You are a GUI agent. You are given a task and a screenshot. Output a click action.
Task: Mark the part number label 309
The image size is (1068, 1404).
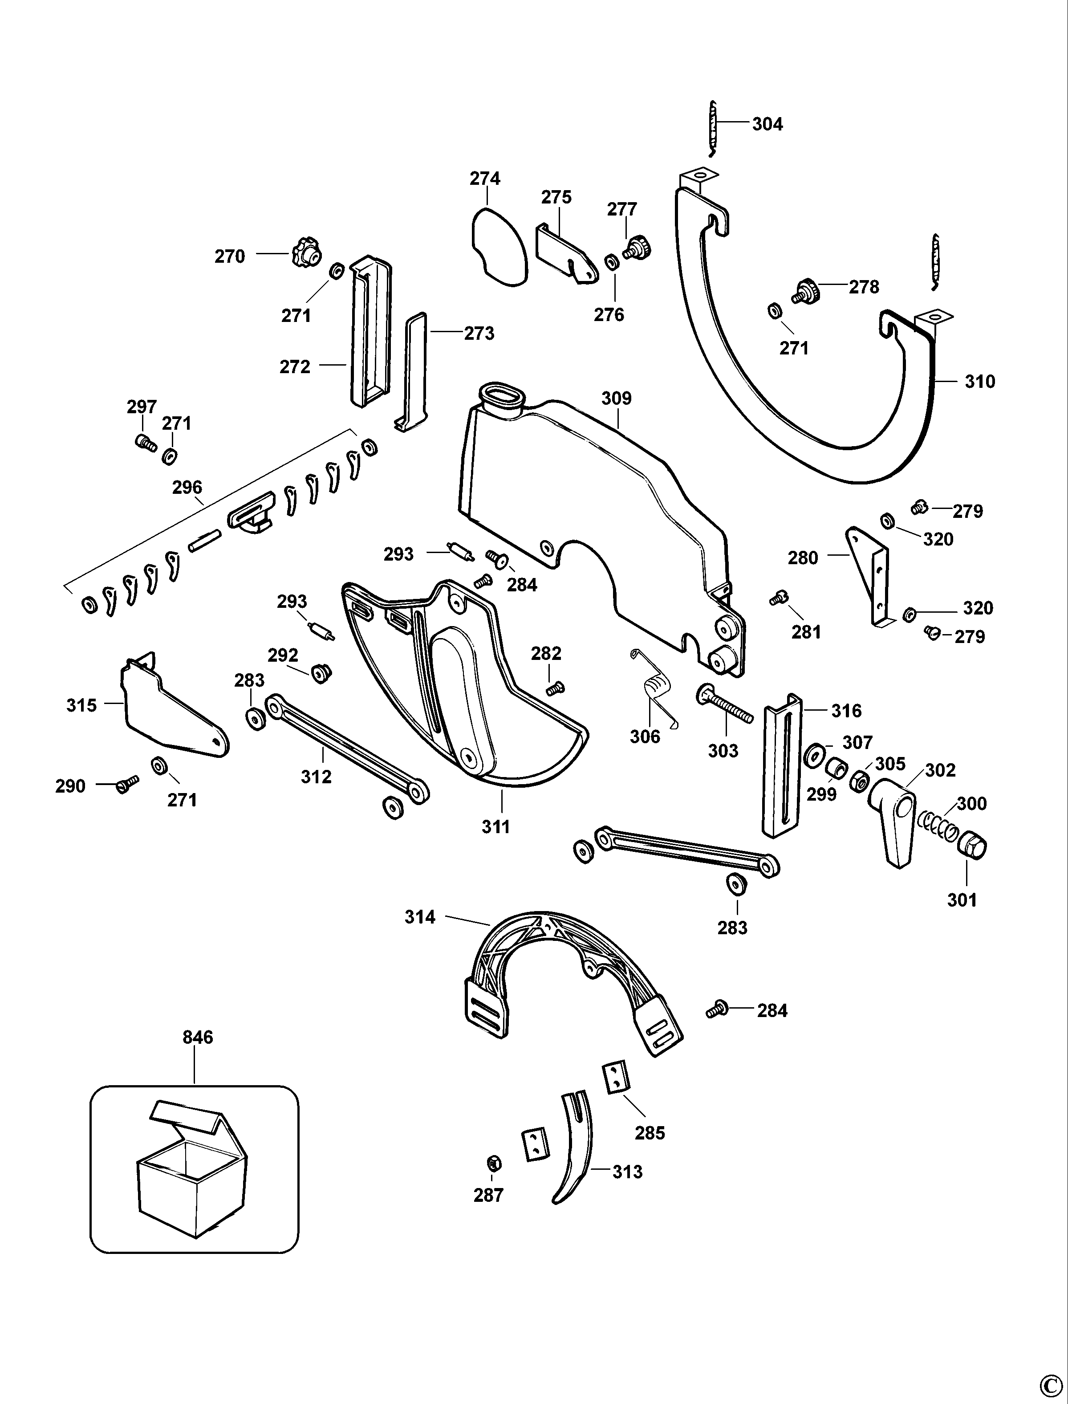pyautogui.click(x=616, y=398)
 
